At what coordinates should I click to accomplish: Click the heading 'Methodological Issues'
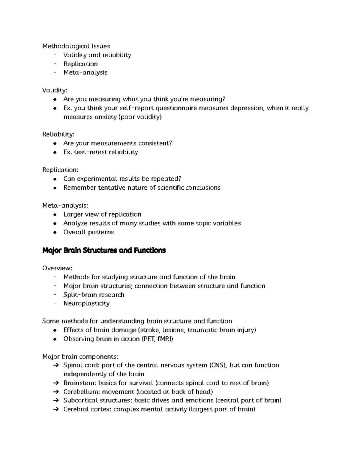pyautogui.click(x=76, y=46)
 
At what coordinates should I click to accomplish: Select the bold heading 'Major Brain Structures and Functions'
pyautogui.click(x=104, y=250)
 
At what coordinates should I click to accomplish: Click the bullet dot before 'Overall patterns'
pyautogui.click(x=55, y=233)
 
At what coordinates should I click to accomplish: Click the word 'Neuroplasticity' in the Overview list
pyautogui.click(x=86, y=303)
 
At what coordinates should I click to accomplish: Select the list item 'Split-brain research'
pyautogui.click(x=94, y=295)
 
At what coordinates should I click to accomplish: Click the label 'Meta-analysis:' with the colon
pyautogui.click(x=65, y=206)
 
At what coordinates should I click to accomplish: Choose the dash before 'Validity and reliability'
pyautogui.click(x=54, y=55)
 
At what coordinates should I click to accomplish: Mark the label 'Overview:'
pyautogui.click(x=57, y=268)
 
